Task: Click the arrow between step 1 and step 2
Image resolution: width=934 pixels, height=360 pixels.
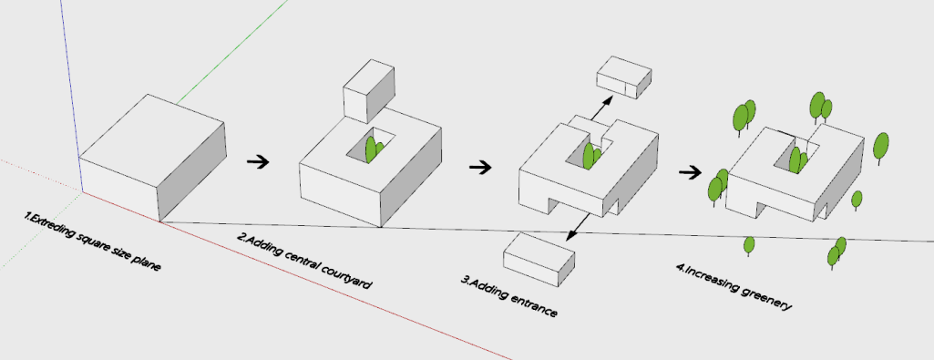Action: [257, 161]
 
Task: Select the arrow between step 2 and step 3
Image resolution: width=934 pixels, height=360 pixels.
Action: [480, 168]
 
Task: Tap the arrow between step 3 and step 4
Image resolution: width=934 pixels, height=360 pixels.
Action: [691, 173]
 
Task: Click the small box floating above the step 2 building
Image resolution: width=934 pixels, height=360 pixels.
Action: [369, 90]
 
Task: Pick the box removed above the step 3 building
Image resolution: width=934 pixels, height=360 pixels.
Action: [624, 77]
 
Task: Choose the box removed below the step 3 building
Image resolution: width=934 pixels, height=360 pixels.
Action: [539, 260]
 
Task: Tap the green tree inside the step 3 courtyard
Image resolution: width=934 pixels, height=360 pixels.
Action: [590, 156]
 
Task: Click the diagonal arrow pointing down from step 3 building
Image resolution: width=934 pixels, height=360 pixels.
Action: [579, 227]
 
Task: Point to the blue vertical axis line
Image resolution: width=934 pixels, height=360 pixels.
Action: [70, 79]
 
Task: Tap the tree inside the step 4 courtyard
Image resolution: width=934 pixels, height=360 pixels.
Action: [797, 160]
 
